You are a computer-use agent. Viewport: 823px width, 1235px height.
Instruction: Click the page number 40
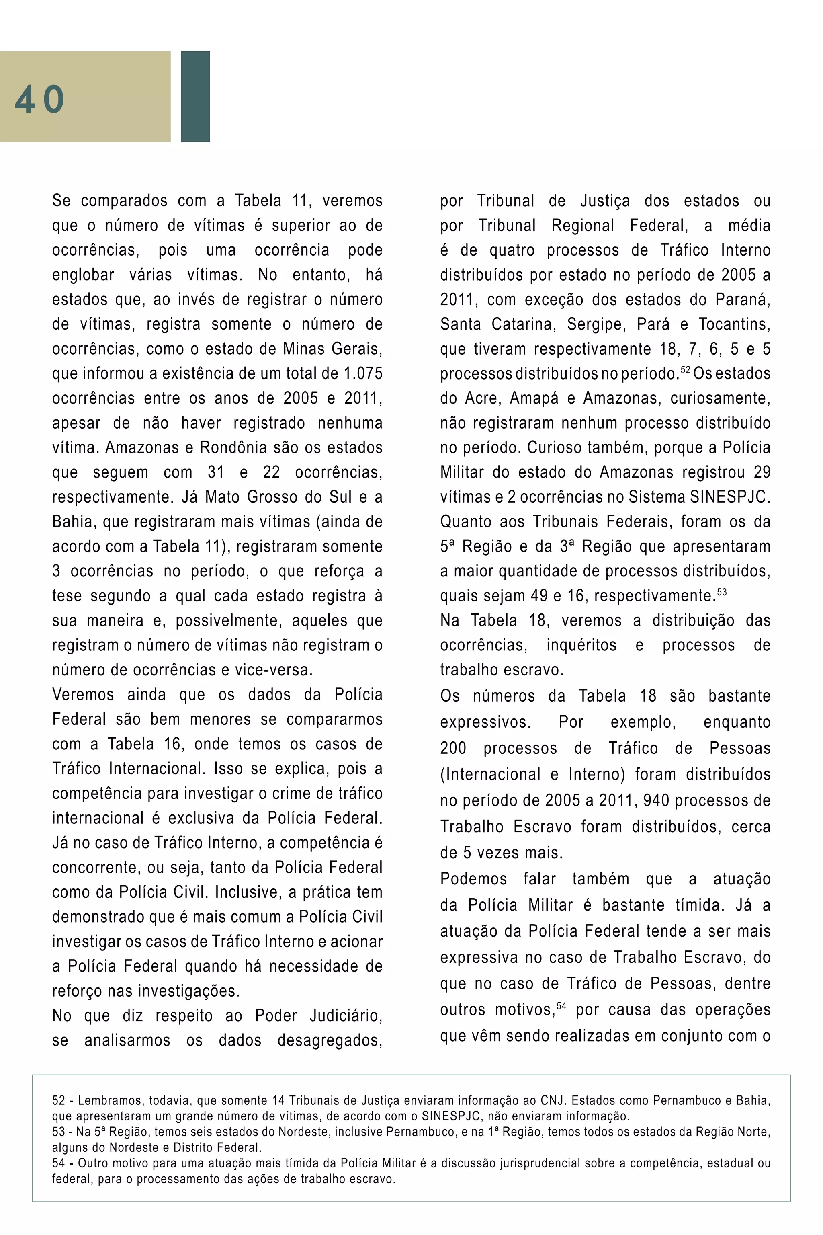click(39, 99)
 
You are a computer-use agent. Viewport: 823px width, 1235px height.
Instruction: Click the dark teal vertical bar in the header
click(195, 96)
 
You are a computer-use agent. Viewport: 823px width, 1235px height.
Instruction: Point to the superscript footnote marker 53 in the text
click(722, 592)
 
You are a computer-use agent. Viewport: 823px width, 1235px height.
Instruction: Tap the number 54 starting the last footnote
click(59, 1163)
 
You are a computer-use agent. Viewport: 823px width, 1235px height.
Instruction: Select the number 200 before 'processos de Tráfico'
click(453, 748)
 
